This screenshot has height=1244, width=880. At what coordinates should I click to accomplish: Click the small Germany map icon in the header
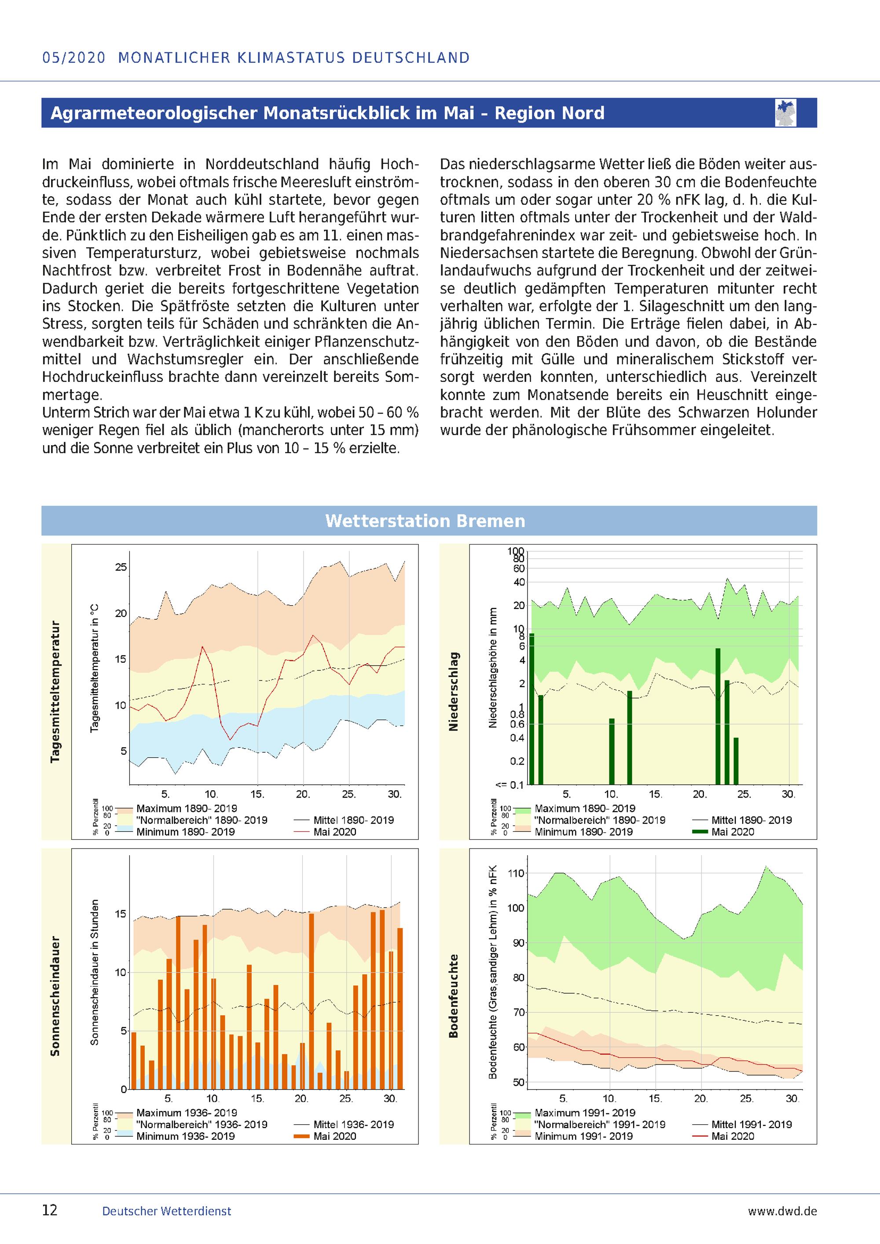tap(786, 113)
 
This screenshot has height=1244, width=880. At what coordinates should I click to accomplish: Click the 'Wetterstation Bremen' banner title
tap(425, 521)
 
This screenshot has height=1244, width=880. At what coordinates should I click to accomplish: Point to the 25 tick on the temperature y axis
tap(121, 567)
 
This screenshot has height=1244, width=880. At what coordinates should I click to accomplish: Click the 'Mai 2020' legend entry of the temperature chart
tap(335, 832)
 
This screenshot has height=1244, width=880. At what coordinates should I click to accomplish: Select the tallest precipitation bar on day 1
tap(532, 709)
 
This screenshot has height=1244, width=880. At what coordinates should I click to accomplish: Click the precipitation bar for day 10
tap(612, 751)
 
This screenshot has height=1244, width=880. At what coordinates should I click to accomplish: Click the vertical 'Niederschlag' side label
tap(454, 692)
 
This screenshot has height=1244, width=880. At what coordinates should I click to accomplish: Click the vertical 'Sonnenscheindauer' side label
tap(55, 996)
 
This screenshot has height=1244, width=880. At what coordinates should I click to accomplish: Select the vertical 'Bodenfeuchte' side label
tap(454, 996)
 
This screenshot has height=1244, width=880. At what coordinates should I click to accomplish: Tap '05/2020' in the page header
tap(73, 58)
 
